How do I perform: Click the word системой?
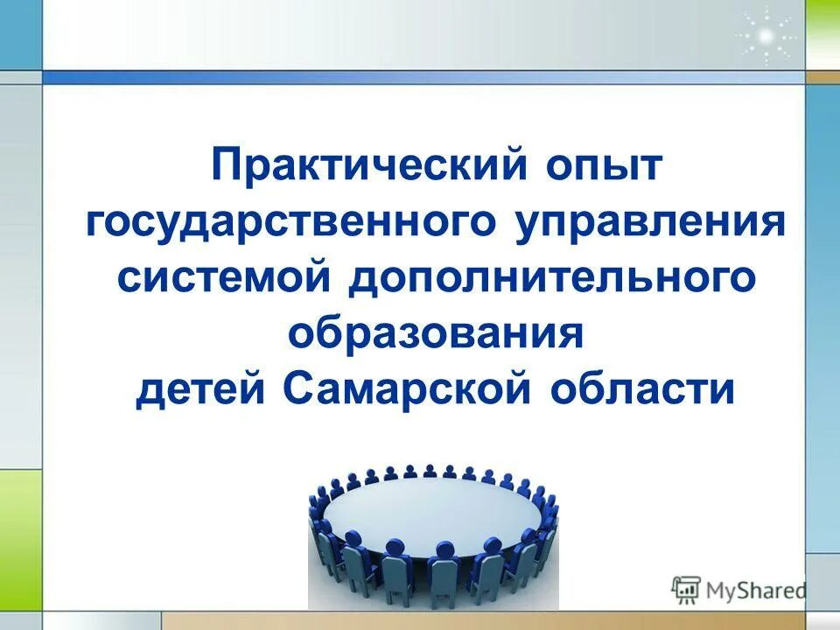pos(224,279)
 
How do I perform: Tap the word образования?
pos(435,334)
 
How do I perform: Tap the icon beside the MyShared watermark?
pos(686,591)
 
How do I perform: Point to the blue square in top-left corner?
pos(20,34)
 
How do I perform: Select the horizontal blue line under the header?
pos(420,77)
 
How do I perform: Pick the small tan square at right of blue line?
pos(822,77)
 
